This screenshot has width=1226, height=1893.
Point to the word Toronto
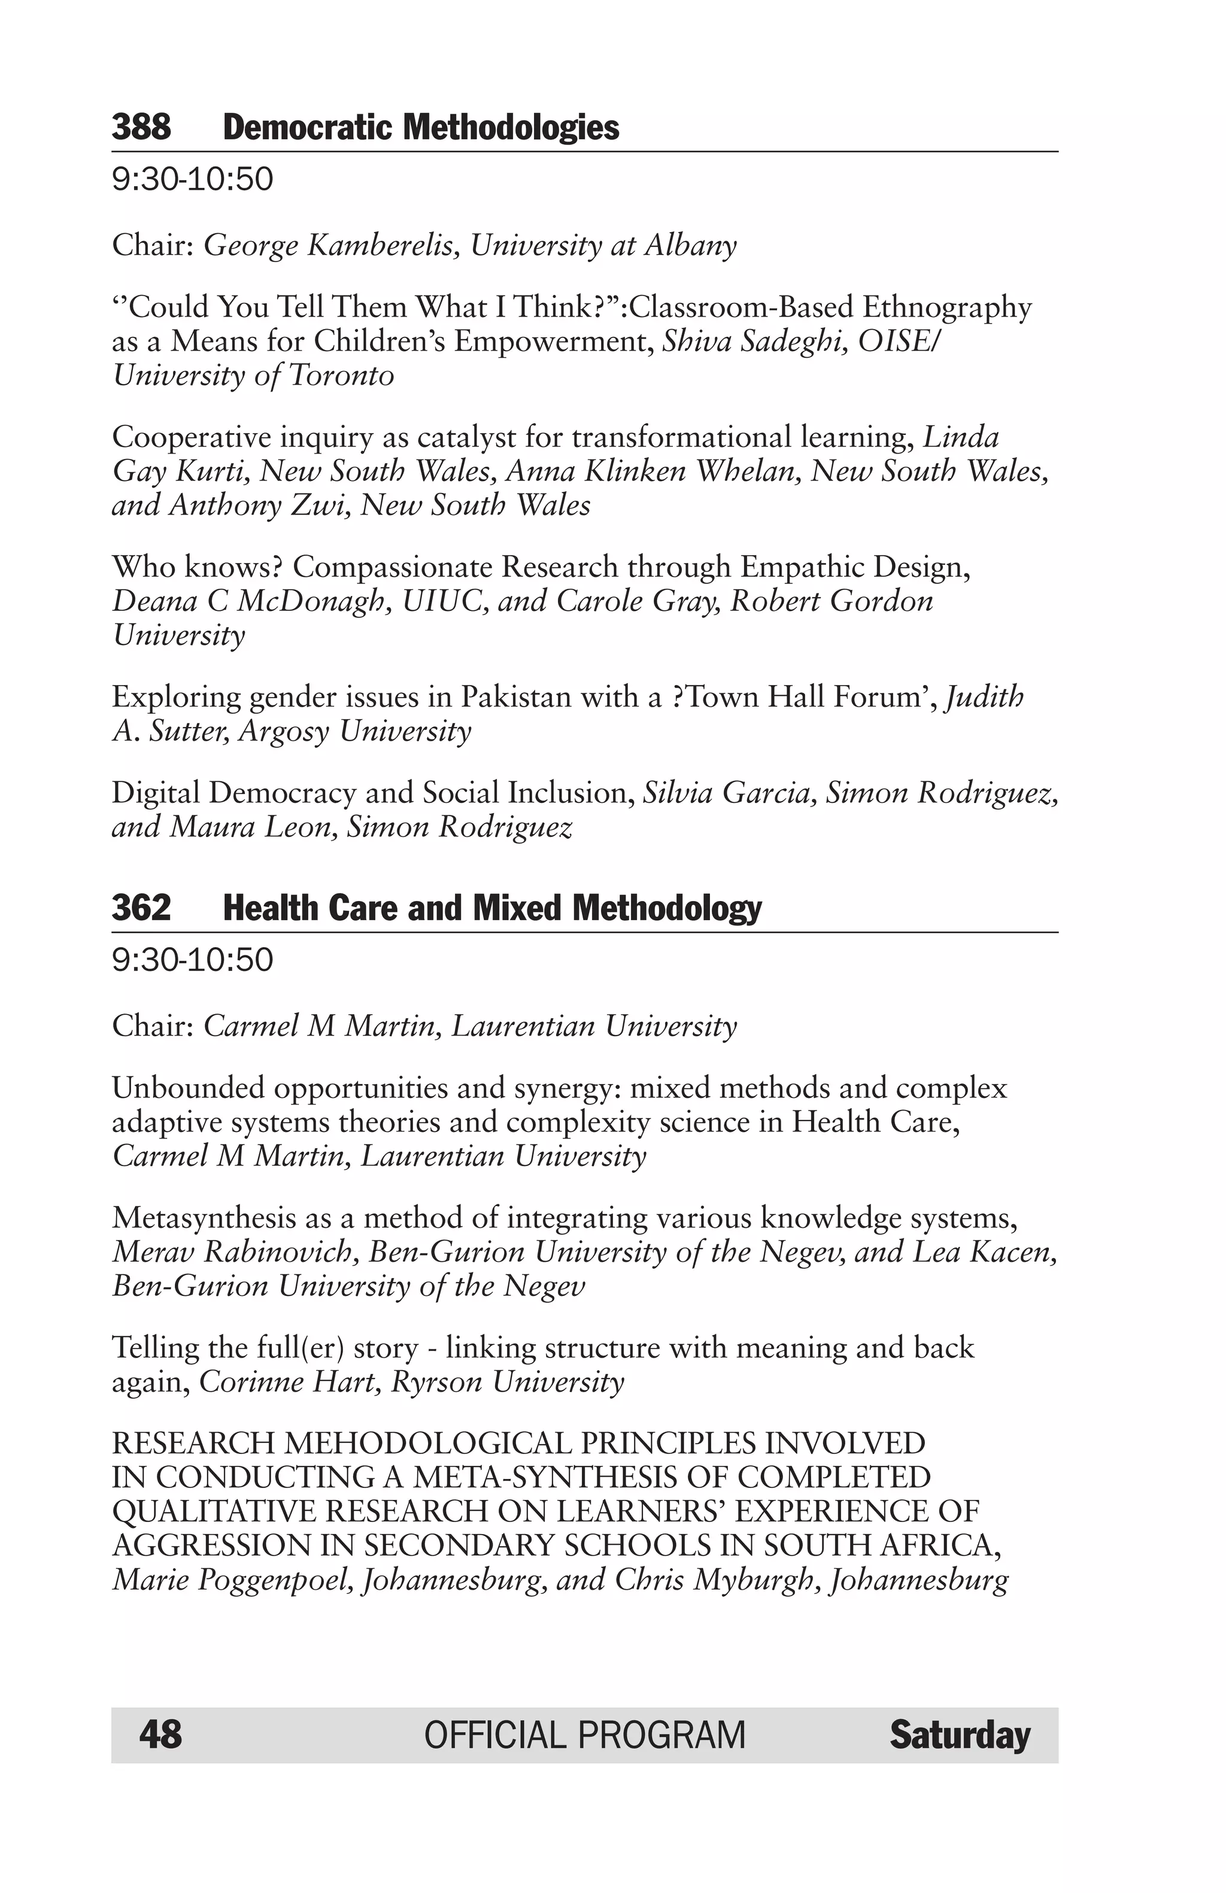[341, 375]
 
